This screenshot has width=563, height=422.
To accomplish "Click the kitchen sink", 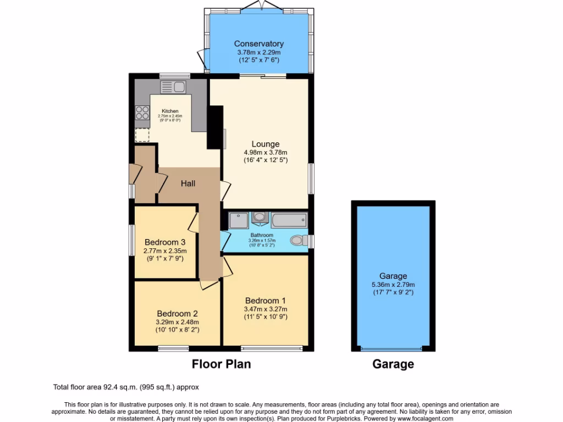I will click(x=173, y=87).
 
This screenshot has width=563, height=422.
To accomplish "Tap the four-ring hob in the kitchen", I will click(x=142, y=112).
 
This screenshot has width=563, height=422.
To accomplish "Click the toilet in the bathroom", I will click(x=299, y=241).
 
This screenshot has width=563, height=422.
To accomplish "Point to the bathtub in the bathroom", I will click(x=288, y=220).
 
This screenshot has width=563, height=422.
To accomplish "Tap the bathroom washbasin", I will click(x=259, y=218).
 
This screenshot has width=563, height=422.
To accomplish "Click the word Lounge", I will click(x=266, y=145).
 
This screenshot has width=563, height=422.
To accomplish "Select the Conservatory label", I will click(x=259, y=44).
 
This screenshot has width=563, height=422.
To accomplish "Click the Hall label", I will click(x=188, y=184).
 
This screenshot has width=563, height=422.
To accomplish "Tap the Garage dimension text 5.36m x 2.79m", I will click(x=393, y=285).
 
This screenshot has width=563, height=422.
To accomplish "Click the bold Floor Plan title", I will click(x=221, y=364).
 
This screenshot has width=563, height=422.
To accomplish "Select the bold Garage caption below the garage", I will click(x=393, y=364).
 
